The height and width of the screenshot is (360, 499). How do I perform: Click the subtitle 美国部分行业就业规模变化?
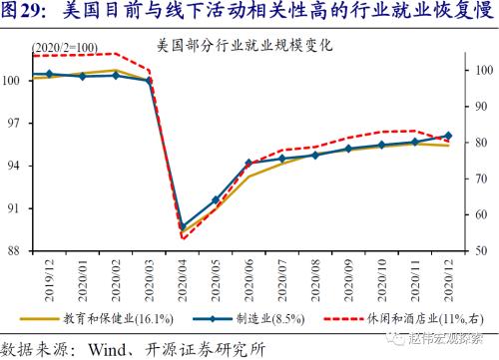point(244,45)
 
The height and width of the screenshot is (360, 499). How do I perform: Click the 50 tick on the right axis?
point(481,251)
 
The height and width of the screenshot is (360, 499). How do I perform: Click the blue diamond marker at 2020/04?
point(183,227)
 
